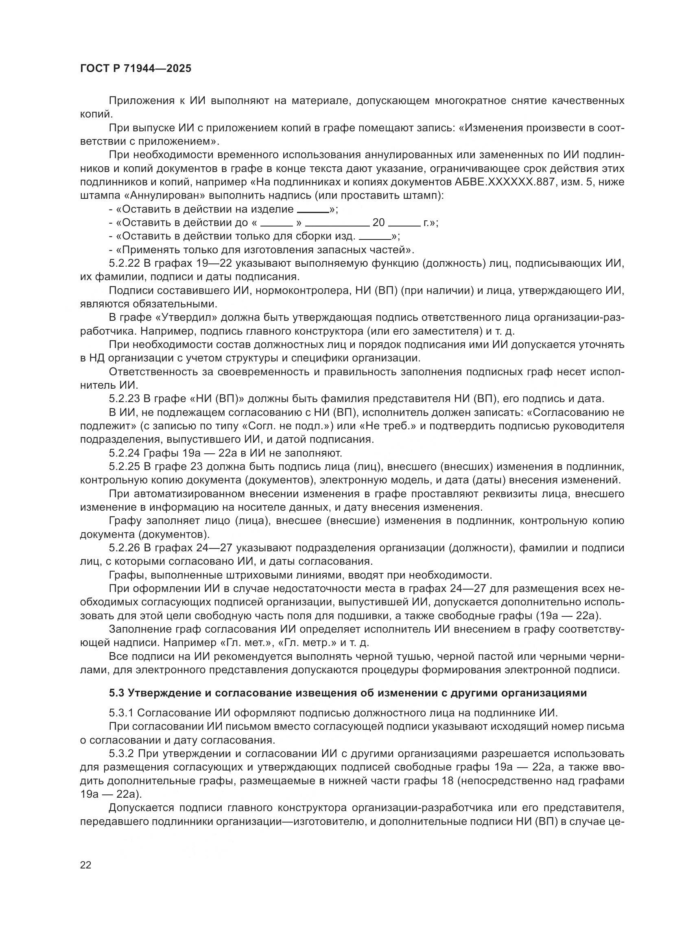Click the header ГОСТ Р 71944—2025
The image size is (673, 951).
tap(135, 69)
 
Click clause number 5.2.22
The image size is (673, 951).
tap(125, 263)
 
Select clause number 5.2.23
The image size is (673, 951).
tap(125, 399)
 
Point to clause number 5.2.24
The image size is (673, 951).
tap(125, 453)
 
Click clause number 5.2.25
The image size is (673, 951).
tap(125, 466)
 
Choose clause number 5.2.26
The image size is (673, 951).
tap(125, 548)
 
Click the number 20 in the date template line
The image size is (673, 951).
tap(378, 223)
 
